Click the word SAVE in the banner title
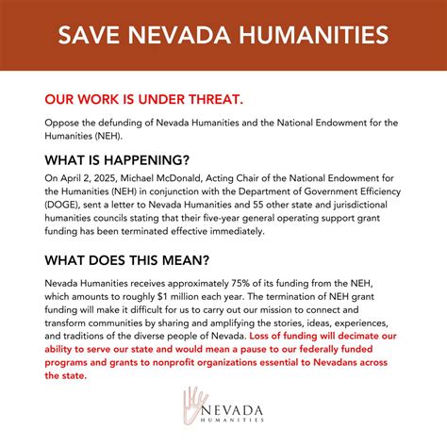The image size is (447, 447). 88,35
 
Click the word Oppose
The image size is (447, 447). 64,122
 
